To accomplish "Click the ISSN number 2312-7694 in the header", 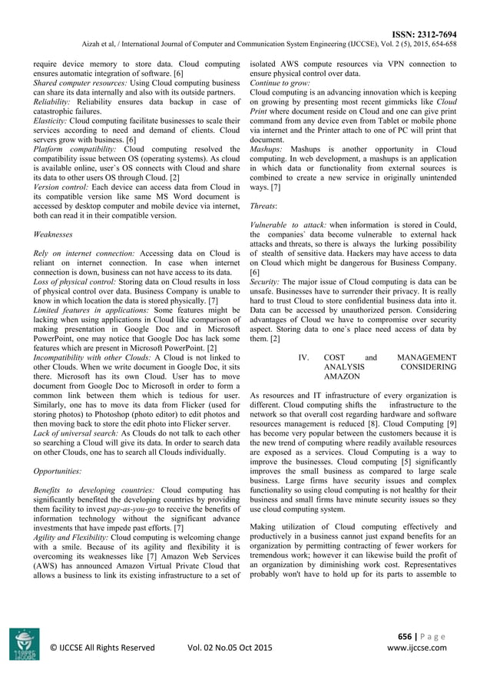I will click(x=435, y=35).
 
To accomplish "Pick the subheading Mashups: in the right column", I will click(x=267, y=148).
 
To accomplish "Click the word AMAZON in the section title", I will click(x=342, y=378).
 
